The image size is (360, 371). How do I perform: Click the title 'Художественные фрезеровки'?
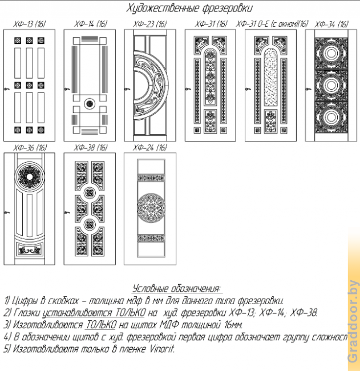189,8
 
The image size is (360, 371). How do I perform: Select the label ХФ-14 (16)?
91,23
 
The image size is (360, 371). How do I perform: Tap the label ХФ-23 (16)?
150,23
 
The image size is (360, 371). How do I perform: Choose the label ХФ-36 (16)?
30,148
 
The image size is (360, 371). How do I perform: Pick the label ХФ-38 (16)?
91,148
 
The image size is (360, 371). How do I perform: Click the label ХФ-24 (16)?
150,148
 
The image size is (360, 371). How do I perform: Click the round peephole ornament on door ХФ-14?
90,103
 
